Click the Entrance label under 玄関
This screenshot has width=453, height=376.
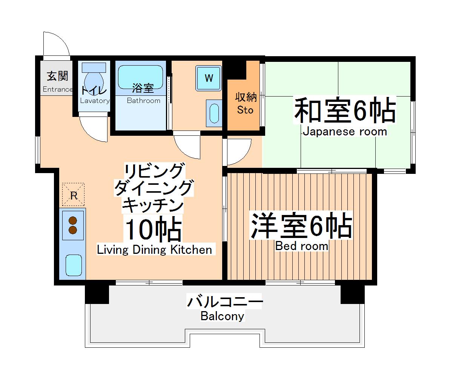(x=57, y=89)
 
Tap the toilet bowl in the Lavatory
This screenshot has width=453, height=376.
(x=93, y=80)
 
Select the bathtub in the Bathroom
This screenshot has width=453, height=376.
(x=140, y=76)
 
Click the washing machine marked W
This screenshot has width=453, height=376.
(x=209, y=78)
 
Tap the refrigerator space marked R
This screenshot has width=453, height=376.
(x=74, y=195)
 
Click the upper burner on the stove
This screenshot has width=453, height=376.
(x=73, y=221)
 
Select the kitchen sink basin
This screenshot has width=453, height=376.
(x=74, y=265)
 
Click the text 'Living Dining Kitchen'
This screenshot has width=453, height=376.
(x=154, y=250)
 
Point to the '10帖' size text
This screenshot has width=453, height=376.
(x=154, y=230)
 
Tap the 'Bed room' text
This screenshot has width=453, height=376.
(x=301, y=246)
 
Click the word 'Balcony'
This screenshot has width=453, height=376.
(x=222, y=316)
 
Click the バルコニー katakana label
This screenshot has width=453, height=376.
(x=225, y=302)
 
